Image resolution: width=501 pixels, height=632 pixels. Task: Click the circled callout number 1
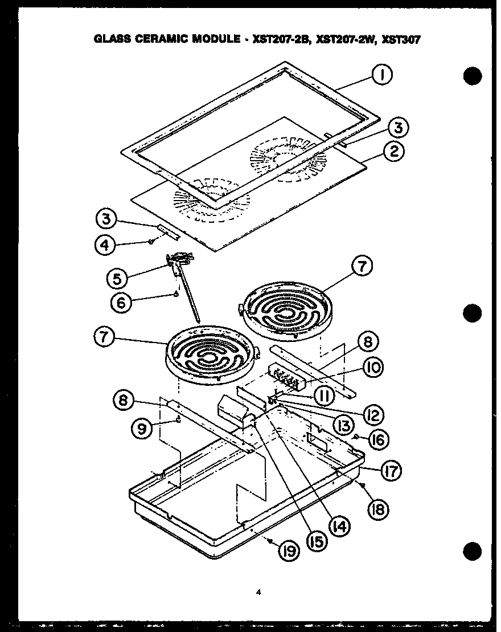(382, 75)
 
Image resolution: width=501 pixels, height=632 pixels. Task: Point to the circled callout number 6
(121, 303)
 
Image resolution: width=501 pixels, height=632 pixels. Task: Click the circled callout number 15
(315, 540)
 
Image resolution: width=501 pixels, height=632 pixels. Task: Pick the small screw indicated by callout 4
(151, 242)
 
